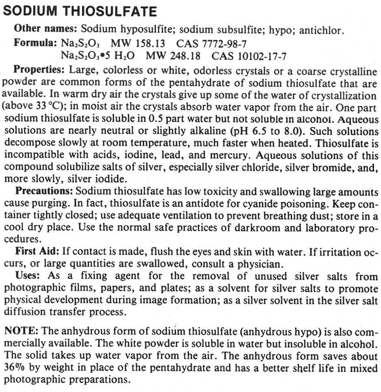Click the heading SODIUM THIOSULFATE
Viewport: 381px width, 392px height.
tap(80, 12)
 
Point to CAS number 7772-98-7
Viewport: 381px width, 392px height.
tap(222, 42)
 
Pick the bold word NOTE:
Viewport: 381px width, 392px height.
tap(21, 331)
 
